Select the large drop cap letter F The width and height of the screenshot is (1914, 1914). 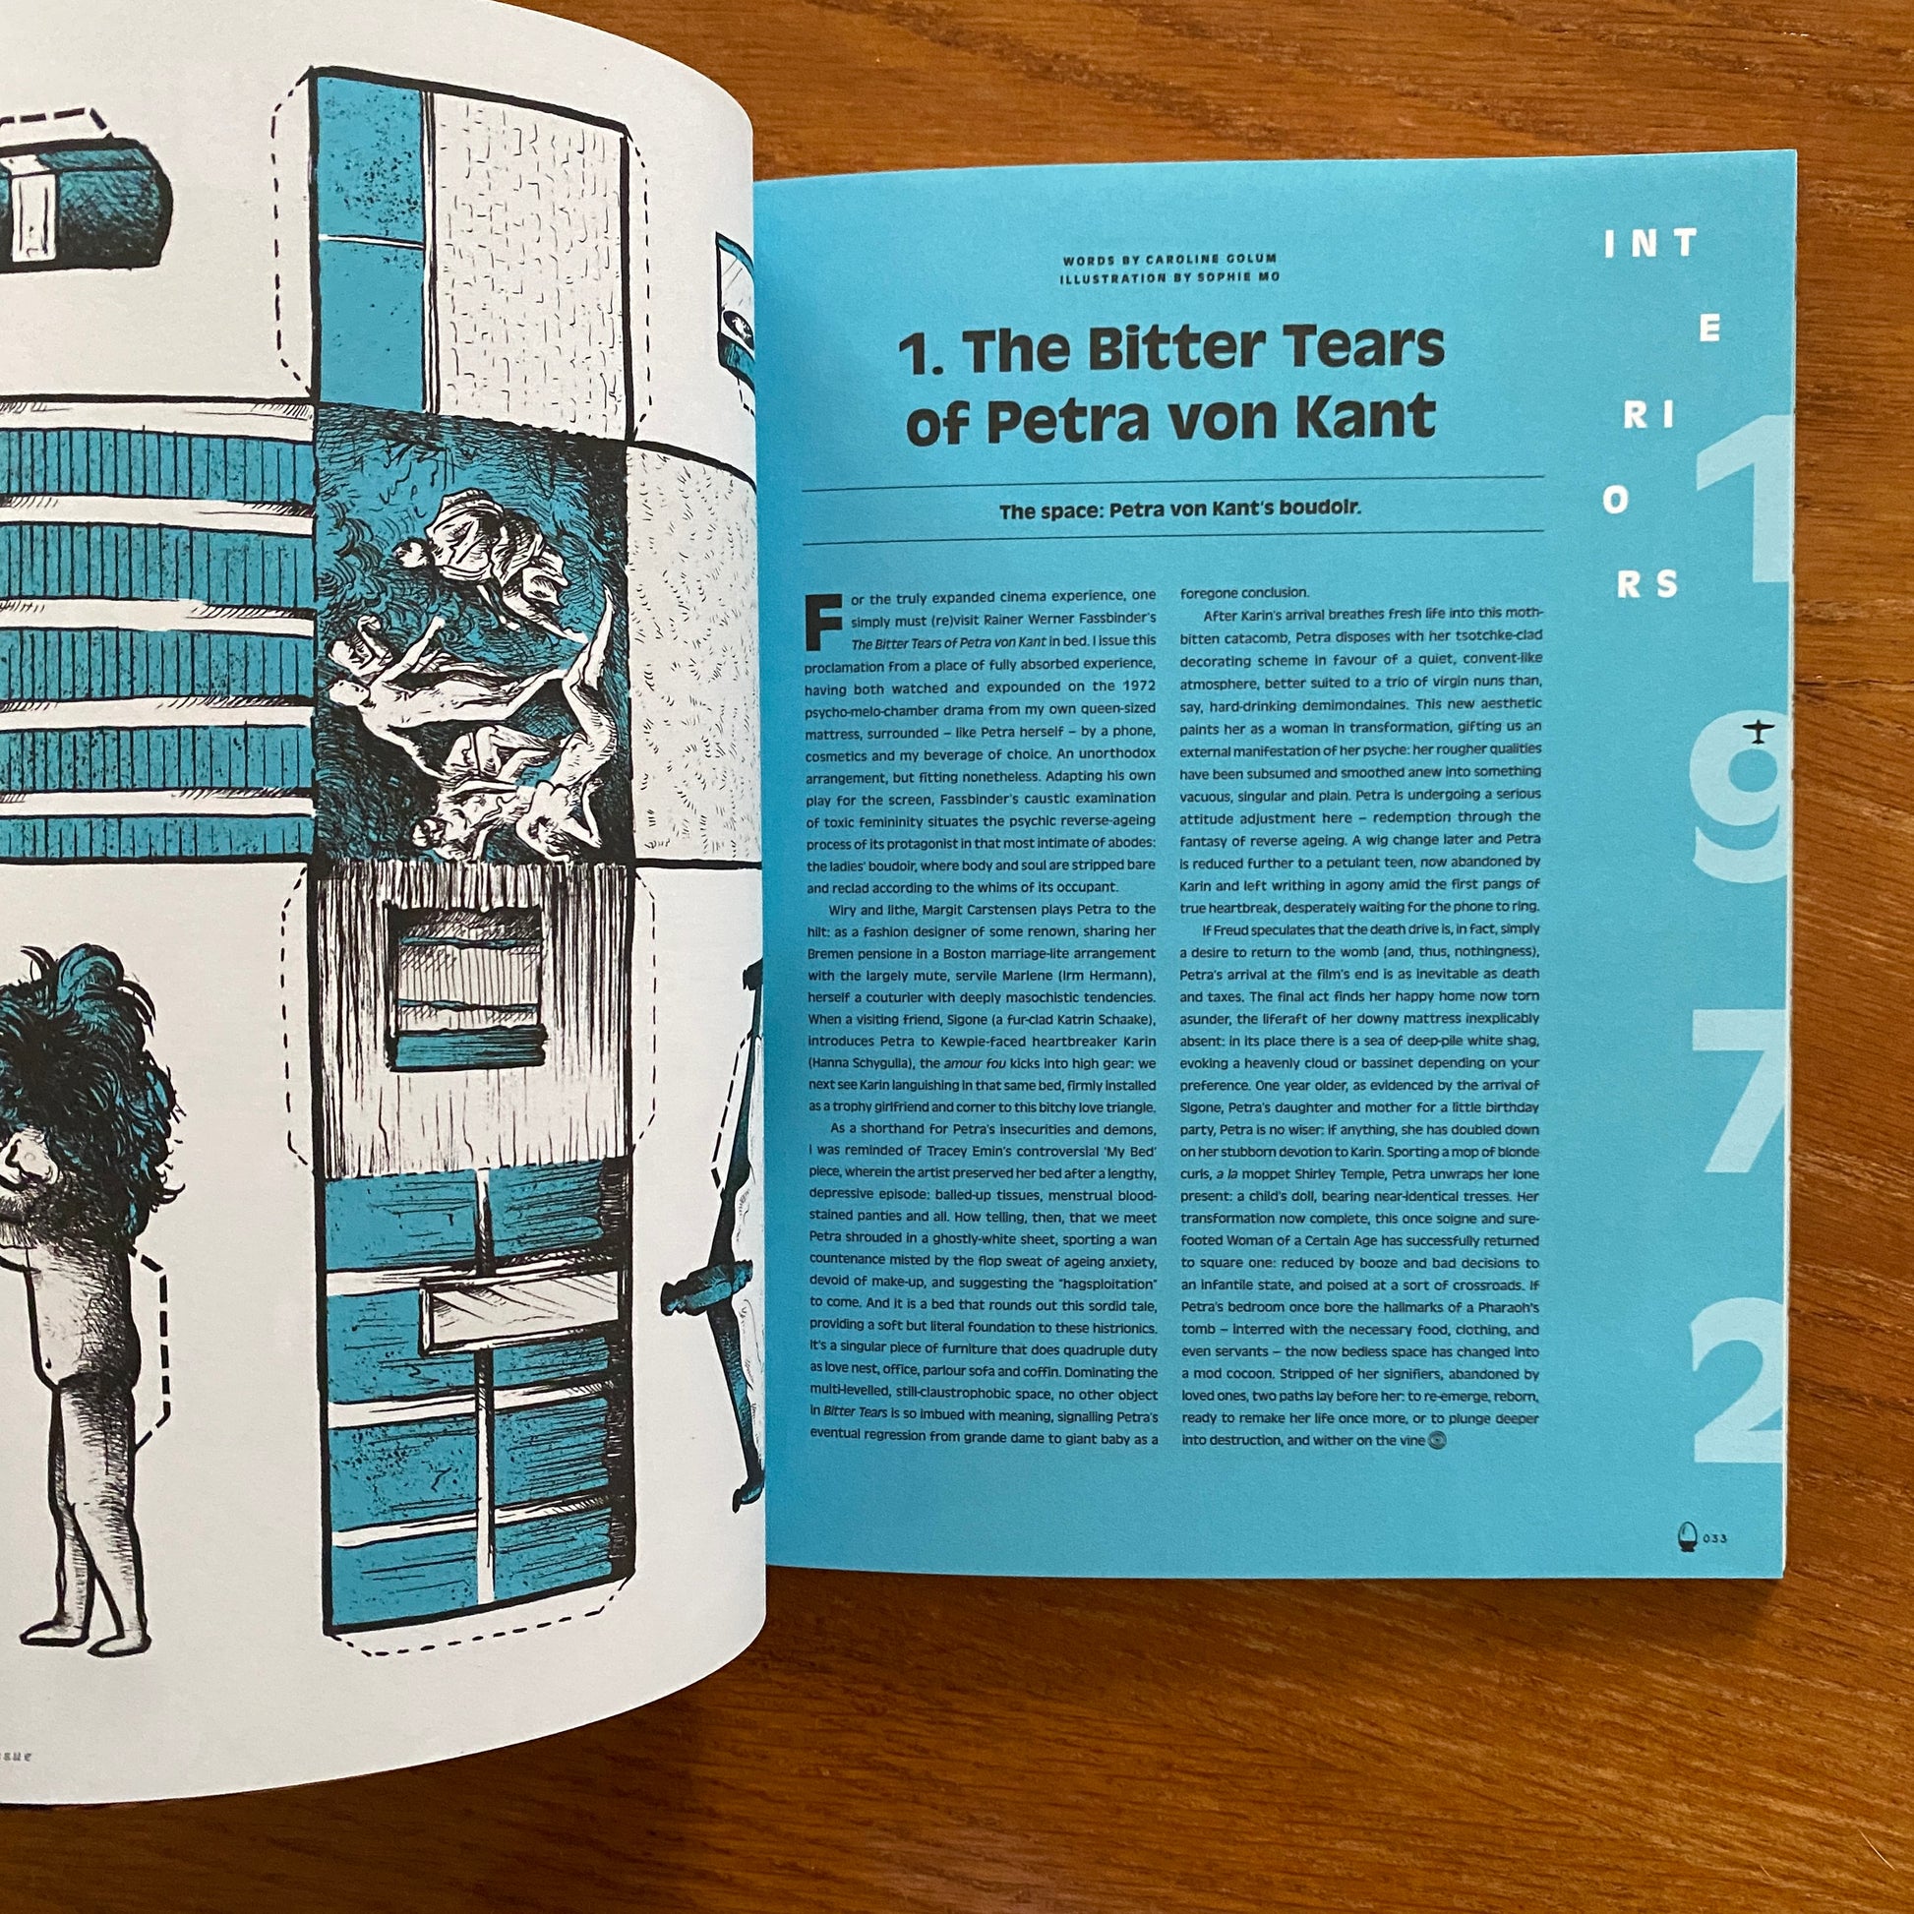click(x=825, y=621)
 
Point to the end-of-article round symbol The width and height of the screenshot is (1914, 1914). click(x=1440, y=1442)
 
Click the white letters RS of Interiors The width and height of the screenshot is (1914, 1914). click(x=1647, y=584)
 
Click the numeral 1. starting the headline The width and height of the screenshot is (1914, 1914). click(x=919, y=352)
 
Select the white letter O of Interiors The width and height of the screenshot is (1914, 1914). click(x=1615, y=502)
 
